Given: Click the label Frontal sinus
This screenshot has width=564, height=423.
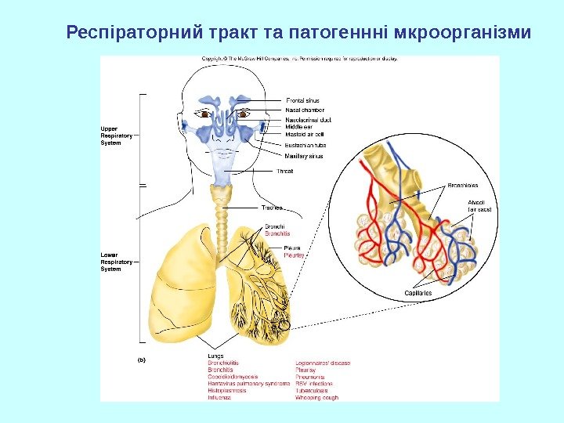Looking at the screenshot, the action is (302, 101).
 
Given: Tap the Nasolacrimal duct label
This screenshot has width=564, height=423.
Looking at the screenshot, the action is (309, 120).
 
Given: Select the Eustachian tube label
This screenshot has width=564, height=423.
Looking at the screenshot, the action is (305, 145).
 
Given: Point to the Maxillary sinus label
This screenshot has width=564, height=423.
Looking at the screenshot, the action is (304, 156).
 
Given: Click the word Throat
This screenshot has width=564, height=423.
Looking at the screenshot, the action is (285, 171).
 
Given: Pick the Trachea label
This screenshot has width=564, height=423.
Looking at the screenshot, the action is (272, 208).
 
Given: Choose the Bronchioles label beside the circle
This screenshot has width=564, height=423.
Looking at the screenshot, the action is (463, 186).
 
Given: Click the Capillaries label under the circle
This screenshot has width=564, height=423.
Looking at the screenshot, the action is (418, 293).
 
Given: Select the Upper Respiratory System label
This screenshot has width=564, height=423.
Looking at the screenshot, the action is (116, 136).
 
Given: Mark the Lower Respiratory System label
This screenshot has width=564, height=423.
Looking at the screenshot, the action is (116, 262).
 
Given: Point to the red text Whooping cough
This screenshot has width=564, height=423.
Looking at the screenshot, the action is (316, 398).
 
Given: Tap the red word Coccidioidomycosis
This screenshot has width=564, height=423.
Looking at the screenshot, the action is (233, 377).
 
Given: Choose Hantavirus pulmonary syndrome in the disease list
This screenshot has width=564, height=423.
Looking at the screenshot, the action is (248, 384).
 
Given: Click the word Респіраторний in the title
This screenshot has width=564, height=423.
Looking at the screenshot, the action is (134, 34).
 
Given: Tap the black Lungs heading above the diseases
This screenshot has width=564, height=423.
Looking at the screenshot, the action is (215, 356).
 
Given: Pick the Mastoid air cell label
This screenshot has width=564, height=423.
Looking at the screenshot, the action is (304, 134).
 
